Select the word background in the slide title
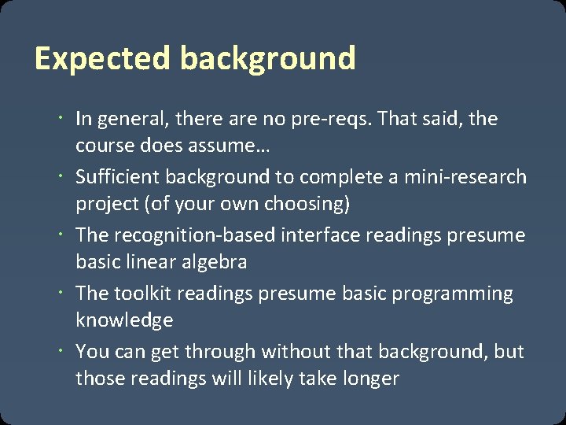click(267, 59)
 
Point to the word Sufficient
click(116, 177)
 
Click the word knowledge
click(124, 320)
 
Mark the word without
click(296, 352)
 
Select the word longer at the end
click(369, 379)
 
